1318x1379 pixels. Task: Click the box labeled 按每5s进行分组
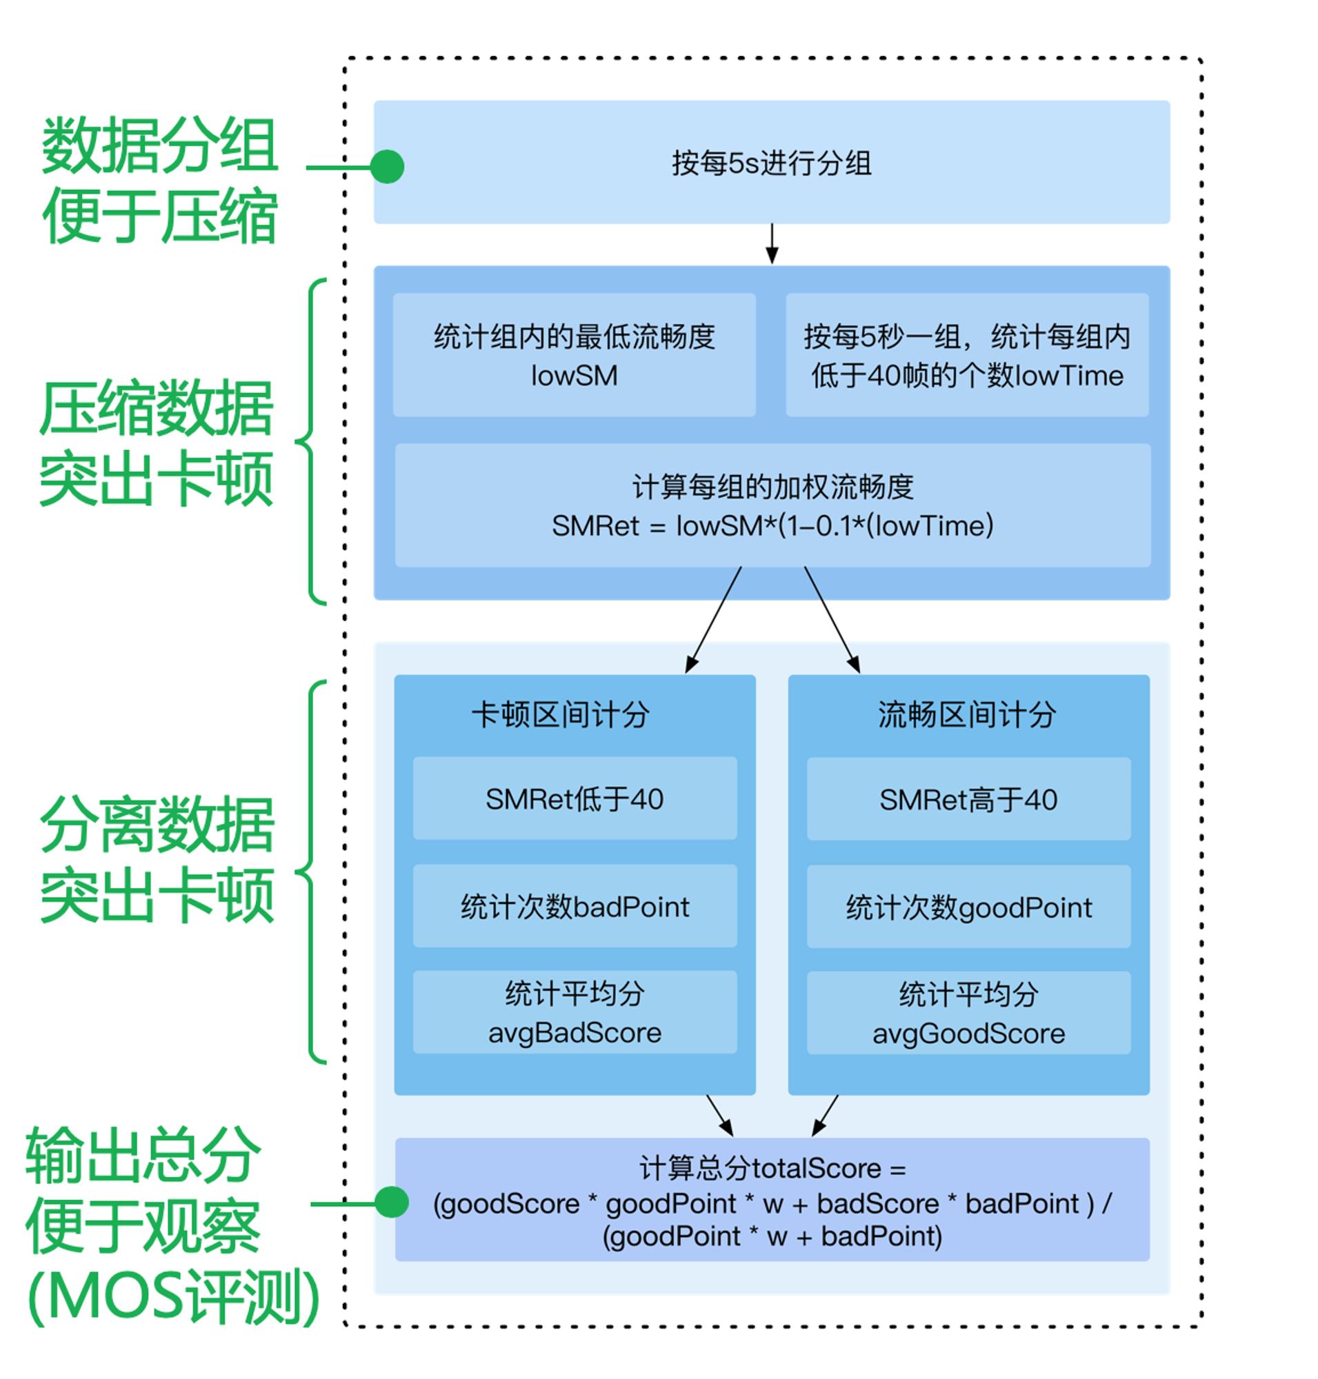pos(771,162)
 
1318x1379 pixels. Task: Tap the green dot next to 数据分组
pos(387,166)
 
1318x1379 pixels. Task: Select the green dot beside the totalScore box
pos(391,1202)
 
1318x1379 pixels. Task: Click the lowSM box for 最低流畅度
pos(574,355)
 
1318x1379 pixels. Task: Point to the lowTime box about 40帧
pos(967,355)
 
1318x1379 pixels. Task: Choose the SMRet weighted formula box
pos(773,505)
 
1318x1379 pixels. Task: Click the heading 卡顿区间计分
pos(560,714)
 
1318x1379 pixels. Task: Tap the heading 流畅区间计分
pos(967,714)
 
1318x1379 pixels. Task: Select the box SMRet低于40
pos(575,798)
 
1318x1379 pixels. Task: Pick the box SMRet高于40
pos(969,798)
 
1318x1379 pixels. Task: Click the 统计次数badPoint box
pos(575,906)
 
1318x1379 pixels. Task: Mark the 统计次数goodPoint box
pos(969,907)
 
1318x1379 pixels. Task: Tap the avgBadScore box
pos(575,1012)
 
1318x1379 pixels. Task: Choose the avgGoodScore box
pos(969,1013)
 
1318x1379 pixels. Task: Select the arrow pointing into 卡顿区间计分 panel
pos(712,620)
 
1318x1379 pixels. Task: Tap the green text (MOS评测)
pos(174,1297)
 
